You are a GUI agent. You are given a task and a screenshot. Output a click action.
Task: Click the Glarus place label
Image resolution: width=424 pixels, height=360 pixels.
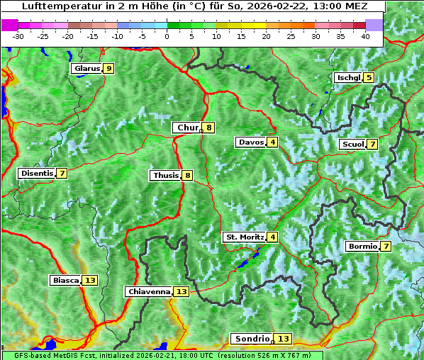86,69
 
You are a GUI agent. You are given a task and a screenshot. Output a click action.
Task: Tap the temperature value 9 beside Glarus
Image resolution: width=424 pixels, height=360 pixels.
108,69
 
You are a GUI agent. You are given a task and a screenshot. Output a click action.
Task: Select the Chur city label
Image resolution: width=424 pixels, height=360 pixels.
187,128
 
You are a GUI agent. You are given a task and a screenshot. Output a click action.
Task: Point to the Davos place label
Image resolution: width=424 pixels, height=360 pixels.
251,142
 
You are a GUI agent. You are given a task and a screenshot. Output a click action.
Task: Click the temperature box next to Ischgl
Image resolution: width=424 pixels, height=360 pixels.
369,78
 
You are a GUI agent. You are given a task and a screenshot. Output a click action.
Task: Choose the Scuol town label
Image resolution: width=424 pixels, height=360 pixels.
353,145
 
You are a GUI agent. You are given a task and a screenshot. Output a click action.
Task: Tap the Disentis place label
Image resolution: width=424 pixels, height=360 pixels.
37,174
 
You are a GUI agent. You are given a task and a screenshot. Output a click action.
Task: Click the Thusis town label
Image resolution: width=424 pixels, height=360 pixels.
165,176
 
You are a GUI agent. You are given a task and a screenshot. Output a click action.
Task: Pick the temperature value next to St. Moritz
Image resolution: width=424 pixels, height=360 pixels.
272,237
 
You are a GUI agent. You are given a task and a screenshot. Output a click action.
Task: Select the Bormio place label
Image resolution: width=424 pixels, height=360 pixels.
362,247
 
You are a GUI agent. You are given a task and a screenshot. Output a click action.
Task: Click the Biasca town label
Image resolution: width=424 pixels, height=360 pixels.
65,281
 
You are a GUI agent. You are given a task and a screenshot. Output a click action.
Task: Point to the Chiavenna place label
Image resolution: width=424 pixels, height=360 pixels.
149,291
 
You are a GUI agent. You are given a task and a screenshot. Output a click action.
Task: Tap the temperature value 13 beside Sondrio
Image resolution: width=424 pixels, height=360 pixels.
284,339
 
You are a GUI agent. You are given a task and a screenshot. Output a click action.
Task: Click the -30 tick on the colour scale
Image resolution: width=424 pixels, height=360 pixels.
19,35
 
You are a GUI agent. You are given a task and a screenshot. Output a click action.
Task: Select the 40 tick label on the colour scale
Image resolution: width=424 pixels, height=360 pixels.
365,35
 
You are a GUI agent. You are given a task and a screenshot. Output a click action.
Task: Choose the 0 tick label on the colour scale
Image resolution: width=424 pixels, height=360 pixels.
167,35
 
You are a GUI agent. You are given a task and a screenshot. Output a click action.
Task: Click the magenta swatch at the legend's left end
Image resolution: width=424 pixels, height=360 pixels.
10,25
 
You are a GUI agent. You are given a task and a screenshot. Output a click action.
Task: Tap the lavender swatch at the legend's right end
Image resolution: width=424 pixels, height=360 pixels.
374,25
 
